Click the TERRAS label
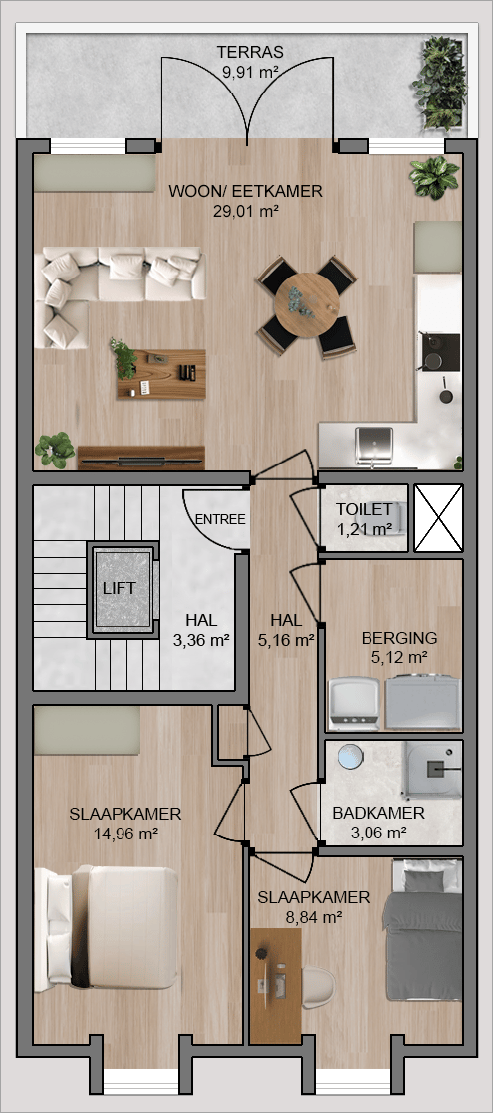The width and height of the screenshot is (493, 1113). [250, 52]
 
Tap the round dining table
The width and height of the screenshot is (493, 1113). [306, 305]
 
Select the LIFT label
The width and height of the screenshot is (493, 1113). [119, 588]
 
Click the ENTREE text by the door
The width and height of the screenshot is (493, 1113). [220, 519]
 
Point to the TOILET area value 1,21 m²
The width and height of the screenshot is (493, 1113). [365, 529]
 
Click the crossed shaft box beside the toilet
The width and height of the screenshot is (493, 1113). [438, 518]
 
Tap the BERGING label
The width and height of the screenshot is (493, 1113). [399, 637]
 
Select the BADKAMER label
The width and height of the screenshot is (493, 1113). [378, 814]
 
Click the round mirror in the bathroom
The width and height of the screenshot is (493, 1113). [351, 757]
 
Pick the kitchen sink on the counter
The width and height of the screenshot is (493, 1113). [373, 445]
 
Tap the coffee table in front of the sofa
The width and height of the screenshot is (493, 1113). [161, 374]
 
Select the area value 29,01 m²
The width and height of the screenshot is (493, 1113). [245, 210]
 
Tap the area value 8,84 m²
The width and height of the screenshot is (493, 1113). [314, 917]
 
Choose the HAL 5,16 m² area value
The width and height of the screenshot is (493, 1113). [286, 640]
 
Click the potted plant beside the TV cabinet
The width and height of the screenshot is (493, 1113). [55, 450]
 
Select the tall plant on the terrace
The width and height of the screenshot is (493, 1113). [439, 84]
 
